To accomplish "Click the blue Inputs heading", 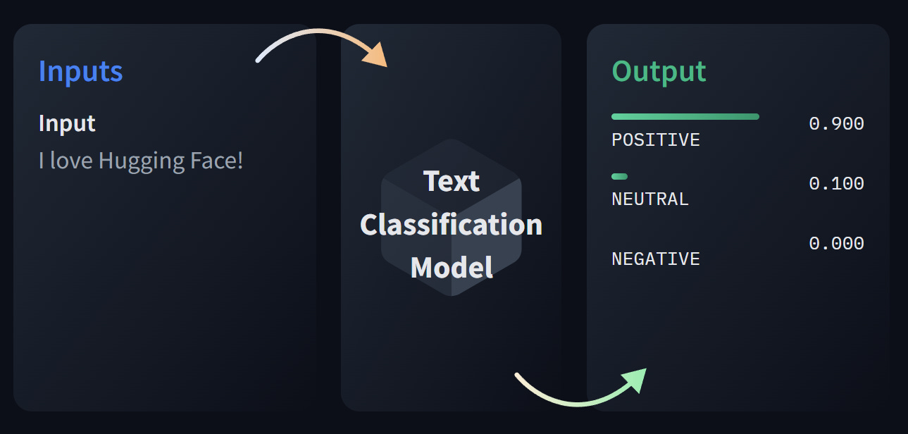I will click(81, 71).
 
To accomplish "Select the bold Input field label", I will click(67, 123).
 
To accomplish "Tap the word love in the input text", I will click(72, 161).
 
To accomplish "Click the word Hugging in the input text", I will click(142, 161).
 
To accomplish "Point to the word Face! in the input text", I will click(217, 161).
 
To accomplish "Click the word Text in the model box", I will click(452, 181).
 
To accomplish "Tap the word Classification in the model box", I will click(452, 225).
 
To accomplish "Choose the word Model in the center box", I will click(452, 268).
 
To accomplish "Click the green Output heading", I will click(659, 71).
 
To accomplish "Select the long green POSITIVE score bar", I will click(685, 116).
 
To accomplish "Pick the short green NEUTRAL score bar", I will click(619, 176).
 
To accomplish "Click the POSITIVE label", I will click(656, 139).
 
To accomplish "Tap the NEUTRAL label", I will click(650, 199).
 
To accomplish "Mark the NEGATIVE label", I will click(656, 259).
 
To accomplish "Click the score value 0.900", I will click(836, 124).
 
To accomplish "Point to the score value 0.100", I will click(836, 184).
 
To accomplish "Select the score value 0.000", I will click(836, 244).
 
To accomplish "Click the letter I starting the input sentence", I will click(42, 161).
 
